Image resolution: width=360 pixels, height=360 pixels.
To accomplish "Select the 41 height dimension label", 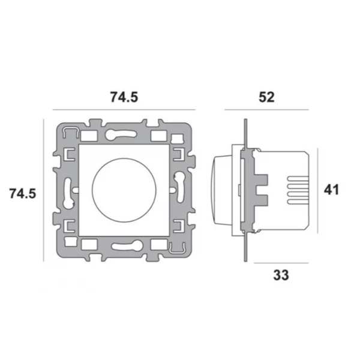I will [331, 190].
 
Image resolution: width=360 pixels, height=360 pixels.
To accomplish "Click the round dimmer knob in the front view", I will [124, 190].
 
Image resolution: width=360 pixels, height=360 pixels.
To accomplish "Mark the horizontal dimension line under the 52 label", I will [266, 110].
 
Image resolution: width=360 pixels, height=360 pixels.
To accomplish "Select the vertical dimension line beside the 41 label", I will [317, 190].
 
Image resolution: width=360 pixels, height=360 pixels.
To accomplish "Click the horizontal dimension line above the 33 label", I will [281, 263].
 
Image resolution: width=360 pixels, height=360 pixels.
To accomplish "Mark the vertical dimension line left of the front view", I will [43, 190].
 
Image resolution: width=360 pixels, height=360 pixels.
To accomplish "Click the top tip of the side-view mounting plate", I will [245, 119].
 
